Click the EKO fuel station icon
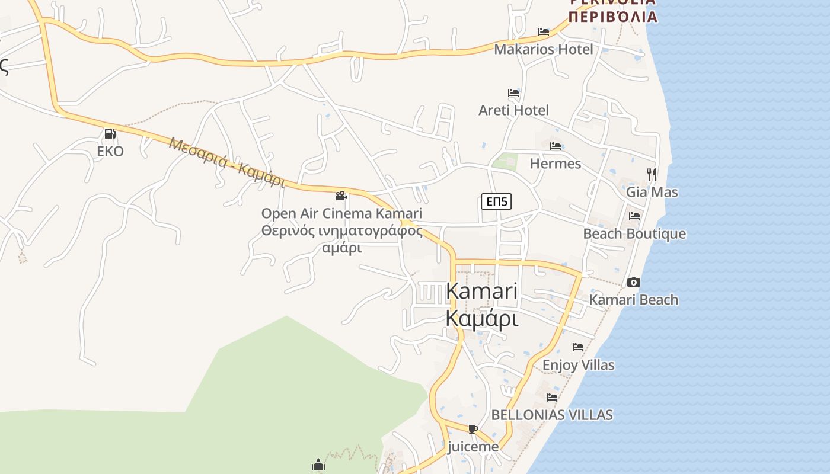pyautogui.click(x=110, y=134)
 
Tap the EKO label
pyautogui.click(x=110, y=152)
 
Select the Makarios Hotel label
pyautogui.click(x=543, y=49)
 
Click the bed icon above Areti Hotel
pyautogui.click(x=513, y=93)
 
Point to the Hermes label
pyautogui.click(x=555, y=164)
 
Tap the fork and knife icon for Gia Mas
pyautogui.click(x=652, y=174)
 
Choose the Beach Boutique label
pyautogui.click(x=634, y=234)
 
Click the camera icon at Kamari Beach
pyautogui.click(x=634, y=282)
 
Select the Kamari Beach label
pyautogui.click(x=633, y=300)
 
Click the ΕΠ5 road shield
pyautogui.click(x=496, y=202)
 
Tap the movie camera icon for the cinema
pyautogui.click(x=341, y=196)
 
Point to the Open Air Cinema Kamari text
pyautogui.click(x=341, y=213)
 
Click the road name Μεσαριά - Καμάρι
pyautogui.click(x=226, y=162)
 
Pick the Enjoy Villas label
pyautogui.click(x=578, y=365)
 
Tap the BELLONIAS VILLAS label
pyautogui.click(x=552, y=415)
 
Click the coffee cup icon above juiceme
pyautogui.click(x=473, y=429)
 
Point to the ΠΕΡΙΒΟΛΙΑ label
pyautogui.click(x=613, y=16)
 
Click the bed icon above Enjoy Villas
pyautogui.click(x=578, y=347)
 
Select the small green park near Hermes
pyautogui.click(x=505, y=161)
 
